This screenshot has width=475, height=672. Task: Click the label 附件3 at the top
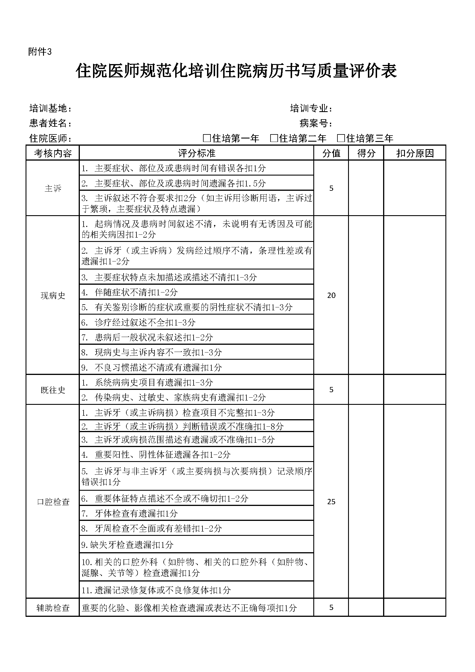click(x=40, y=52)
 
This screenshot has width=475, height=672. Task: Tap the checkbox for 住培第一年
click(x=207, y=138)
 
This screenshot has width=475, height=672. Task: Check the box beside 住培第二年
click(x=274, y=138)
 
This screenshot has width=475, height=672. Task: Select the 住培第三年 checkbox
click(x=341, y=138)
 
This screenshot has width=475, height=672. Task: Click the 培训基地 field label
click(x=50, y=108)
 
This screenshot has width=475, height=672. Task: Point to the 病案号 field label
click(x=316, y=123)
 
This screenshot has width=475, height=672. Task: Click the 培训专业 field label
click(x=311, y=108)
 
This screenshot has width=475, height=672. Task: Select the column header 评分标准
click(x=196, y=153)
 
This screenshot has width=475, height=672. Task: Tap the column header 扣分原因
click(x=415, y=153)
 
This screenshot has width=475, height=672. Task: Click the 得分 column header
click(x=366, y=153)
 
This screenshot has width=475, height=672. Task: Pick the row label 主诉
click(x=53, y=188)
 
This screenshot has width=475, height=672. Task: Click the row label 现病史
click(x=53, y=296)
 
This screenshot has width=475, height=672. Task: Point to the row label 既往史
click(x=53, y=390)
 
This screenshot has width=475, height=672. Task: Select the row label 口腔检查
click(x=53, y=502)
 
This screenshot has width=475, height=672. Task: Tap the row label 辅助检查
click(x=53, y=608)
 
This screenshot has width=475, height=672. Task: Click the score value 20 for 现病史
click(x=331, y=295)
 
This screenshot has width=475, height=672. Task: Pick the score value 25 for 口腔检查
click(x=331, y=502)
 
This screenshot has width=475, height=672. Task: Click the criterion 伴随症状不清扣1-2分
click(x=136, y=292)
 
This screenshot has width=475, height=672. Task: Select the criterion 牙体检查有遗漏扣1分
click(x=136, y=513)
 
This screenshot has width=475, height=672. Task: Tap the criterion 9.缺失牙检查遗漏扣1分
click(x=128, y=544)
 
